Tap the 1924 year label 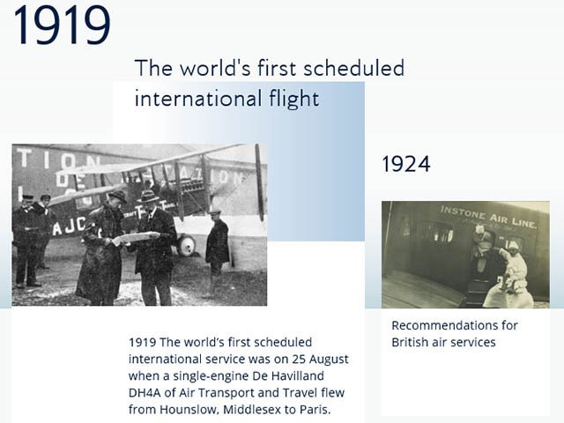coord(405,164)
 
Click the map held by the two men coord(135,237)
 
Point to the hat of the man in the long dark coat coord(115,196)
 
